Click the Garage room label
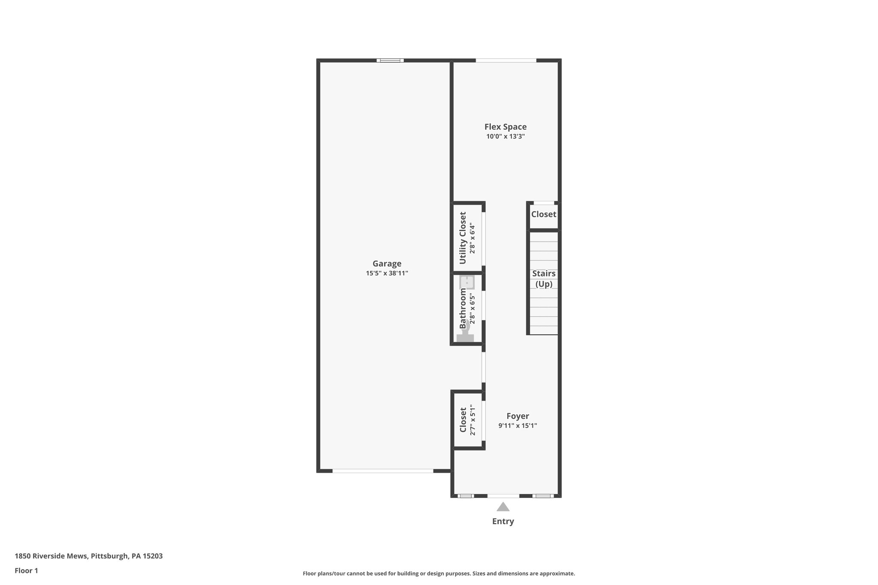387,264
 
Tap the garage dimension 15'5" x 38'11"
387,273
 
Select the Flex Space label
505,127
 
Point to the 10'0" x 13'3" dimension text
505,136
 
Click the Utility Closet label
463,238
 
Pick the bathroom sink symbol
467,282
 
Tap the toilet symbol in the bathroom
466,332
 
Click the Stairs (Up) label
544,279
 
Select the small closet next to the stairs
544,214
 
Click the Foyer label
517,416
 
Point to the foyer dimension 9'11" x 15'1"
517,426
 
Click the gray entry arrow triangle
503,507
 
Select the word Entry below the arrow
503,522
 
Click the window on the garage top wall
390,60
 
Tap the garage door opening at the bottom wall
383,471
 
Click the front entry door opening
503,496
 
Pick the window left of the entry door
466,496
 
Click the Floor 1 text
27,571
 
